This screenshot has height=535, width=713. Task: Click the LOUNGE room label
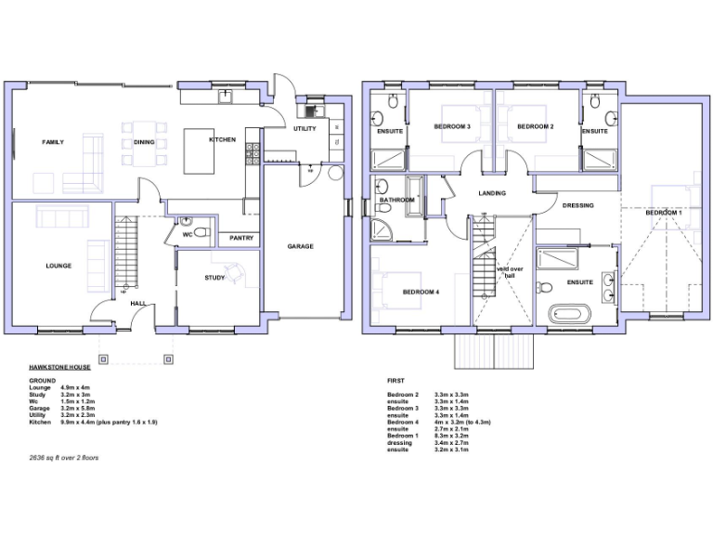coord(58,266)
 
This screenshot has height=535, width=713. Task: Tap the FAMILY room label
coord(52,142)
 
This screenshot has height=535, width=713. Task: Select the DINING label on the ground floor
coord(144,142)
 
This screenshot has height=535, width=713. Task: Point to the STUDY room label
coord(215,277)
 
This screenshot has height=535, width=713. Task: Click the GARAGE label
coord(300,246)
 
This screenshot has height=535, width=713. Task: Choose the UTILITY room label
coord(305,129)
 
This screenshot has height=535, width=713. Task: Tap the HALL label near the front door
coord(137,303)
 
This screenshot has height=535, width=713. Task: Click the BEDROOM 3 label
coord(452,126)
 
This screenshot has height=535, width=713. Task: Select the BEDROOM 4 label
coord(421,293)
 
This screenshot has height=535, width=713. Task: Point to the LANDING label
coord(492,193)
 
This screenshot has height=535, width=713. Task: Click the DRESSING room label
coord(577,205)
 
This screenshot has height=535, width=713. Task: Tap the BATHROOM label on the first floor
coord(395,200)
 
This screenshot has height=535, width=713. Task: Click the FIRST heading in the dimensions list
coord(395,381)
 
